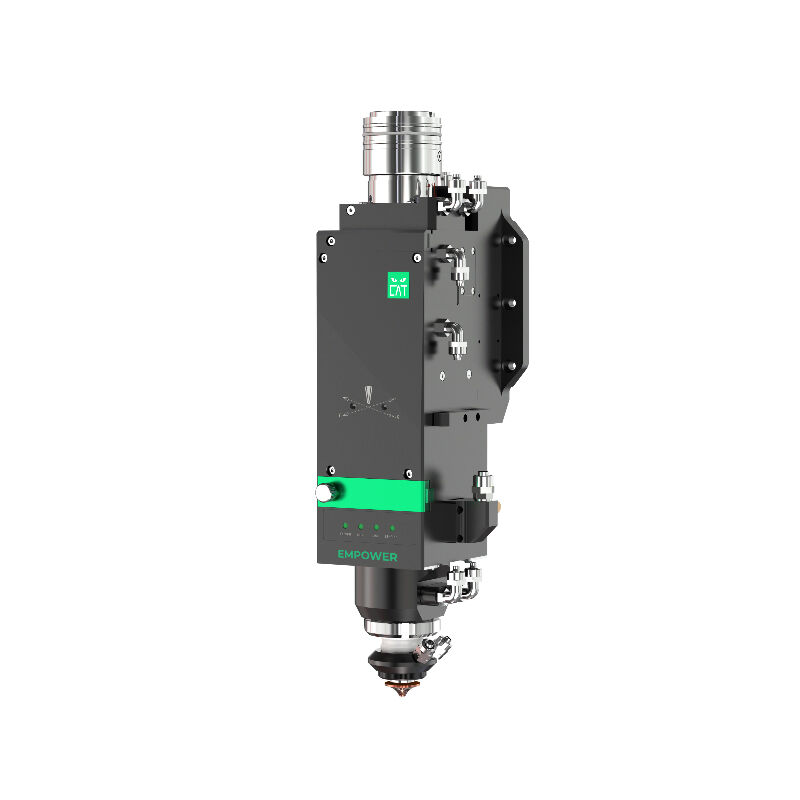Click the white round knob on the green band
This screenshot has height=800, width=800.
325,492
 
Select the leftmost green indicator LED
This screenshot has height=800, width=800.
343,525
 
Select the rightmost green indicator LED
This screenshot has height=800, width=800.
392,526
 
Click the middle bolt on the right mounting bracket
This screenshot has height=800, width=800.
508,303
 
